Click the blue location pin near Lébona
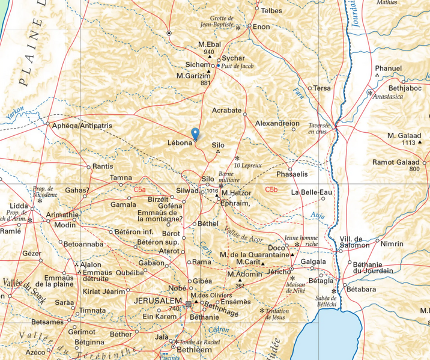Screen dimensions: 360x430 coord(194,134)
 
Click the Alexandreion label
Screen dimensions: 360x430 coord(277,123)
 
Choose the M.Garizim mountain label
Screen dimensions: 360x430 coord(193,76)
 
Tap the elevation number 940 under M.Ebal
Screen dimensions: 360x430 coord(209,52)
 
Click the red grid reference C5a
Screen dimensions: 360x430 coord(140,190)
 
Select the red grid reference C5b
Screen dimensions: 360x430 coord(271,190)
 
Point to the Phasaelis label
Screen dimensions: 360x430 coord(292,174)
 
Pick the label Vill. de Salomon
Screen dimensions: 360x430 coord(354,242)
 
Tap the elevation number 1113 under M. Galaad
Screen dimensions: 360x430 coord(409,143)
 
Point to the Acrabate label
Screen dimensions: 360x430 coord(226,111)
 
